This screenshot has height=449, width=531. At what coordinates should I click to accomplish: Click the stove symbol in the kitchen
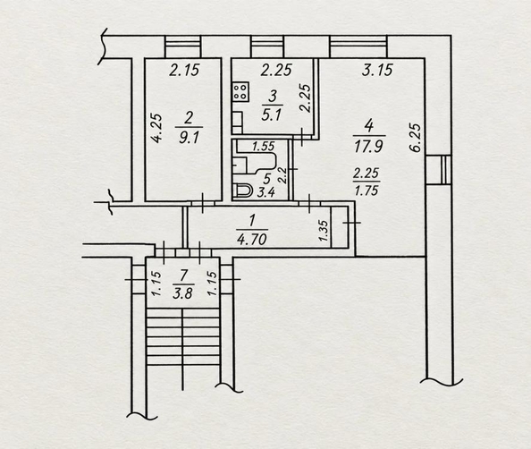coord(240,91)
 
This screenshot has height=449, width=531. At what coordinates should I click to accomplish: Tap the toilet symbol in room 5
coord(241,191)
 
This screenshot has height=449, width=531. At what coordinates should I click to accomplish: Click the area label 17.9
coord(369,148)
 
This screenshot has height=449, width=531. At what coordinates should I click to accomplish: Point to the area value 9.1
coord(189,139)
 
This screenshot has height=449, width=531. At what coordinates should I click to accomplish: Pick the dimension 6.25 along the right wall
coord(416,138)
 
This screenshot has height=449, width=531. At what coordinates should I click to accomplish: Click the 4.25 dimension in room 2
coord(156,129)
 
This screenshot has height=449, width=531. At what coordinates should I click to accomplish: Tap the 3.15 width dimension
coord(377,70)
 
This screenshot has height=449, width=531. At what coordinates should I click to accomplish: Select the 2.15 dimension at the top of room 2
coord(184,70)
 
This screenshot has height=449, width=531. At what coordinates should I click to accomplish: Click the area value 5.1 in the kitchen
coord(272,115)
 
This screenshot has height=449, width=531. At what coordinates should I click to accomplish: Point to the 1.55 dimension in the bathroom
coord(264,146)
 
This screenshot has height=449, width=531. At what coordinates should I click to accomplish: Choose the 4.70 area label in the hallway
coord(252,240)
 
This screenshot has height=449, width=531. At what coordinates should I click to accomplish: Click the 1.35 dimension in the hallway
coord(324,231)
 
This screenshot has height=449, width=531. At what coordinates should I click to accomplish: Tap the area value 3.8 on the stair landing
coord(182,293)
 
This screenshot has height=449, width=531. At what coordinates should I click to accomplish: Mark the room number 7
coord(184,275)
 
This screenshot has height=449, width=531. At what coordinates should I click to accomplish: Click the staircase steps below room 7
coord(183,336)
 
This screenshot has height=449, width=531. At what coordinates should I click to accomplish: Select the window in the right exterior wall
coord(439,169)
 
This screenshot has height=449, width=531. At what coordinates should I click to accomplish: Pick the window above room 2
coord(183,47)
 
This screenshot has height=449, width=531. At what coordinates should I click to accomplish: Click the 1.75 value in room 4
coord(367,191)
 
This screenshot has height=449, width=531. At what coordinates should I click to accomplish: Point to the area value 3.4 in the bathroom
coord(265,192)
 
